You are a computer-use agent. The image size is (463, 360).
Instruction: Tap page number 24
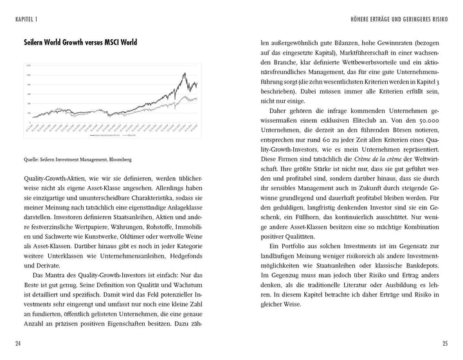coord(18,345)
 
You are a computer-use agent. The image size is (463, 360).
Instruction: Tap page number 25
coord(444,345)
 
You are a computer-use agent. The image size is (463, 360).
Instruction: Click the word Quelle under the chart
coord(31,160)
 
